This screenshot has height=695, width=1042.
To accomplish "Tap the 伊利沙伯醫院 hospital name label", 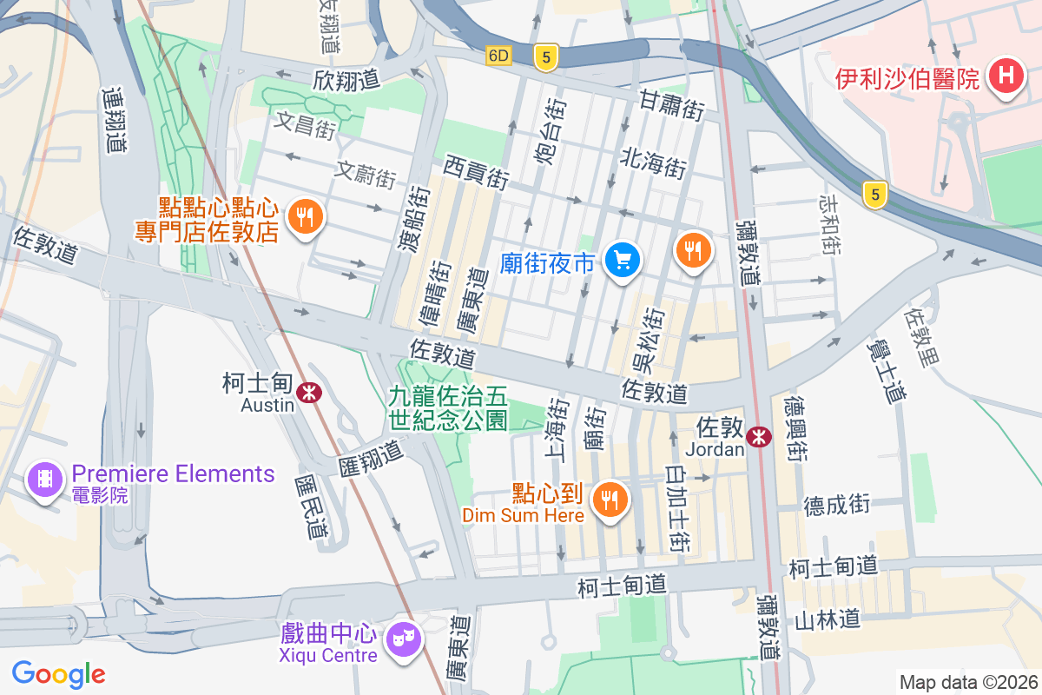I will click(x=907, y=79).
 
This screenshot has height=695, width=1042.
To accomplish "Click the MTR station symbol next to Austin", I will click(x=308, y=393).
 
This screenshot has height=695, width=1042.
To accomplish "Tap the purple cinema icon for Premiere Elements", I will click(x=45, y=478).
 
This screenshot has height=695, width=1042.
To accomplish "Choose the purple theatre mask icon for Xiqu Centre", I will click(x=405, y=640).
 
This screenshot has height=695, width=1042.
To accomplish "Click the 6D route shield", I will click(x=498, y=56).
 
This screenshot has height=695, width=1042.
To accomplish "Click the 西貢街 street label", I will click(x=476, y=172).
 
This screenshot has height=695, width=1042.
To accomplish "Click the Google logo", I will click(x=58, y=673).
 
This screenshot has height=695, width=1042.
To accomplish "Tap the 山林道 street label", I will click(x=827, y=619).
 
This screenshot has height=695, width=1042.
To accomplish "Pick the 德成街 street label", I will click(x=836, y=505).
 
